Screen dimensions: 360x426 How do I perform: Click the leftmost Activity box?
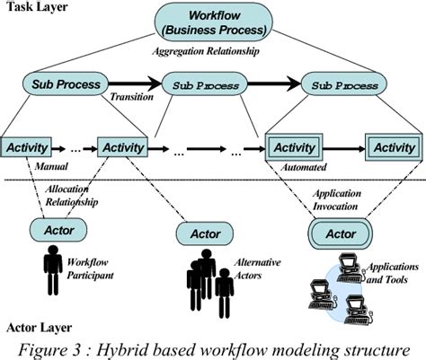coord(28,146)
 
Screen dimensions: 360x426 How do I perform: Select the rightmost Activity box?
coord(394,146)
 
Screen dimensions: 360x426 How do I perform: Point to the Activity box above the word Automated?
coord(294,146)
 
